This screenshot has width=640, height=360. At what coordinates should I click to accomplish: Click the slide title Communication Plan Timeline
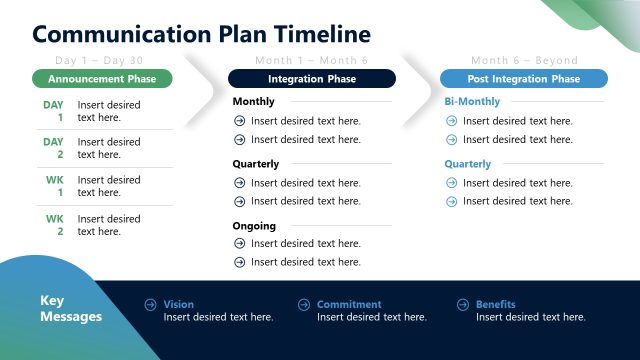[x=201, y=34]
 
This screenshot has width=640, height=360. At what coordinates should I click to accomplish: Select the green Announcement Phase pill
[x=102, y=78]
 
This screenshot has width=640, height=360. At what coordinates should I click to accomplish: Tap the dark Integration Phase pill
[x=311, y=78]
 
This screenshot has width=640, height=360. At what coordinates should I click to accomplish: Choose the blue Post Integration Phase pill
[x=523, y=78]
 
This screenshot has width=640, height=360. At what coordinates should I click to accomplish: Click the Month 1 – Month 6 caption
[x=311, y=61]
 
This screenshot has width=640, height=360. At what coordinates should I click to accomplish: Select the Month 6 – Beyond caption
[x=524, y=61]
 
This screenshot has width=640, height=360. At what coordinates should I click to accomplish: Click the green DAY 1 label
[x=53, y=111]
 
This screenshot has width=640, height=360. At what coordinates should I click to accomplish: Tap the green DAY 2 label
[x=53, y=148]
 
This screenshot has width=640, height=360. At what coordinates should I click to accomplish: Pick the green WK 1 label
[x=54, y=186]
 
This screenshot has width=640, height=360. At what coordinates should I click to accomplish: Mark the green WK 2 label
[x=54, y=225]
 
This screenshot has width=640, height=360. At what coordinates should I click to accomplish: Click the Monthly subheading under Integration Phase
[x=254, y=102]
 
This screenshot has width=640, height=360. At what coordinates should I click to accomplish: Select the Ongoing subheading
[x=254, y=226]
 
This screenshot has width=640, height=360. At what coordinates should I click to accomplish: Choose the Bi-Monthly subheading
[x=473, y=102]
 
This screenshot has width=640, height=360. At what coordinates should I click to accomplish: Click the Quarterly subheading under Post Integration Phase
[x=468, y=164]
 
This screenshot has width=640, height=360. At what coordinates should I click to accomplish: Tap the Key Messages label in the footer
[x=70, y=309]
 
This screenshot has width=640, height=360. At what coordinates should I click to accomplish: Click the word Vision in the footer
[x=179, y=304]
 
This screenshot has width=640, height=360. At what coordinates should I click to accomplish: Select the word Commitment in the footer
[x=349, y=304]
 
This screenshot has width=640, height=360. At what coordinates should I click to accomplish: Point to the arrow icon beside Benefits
[x=463, y=304]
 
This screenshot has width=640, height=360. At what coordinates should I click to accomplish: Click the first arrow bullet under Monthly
[x=239, y=121]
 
